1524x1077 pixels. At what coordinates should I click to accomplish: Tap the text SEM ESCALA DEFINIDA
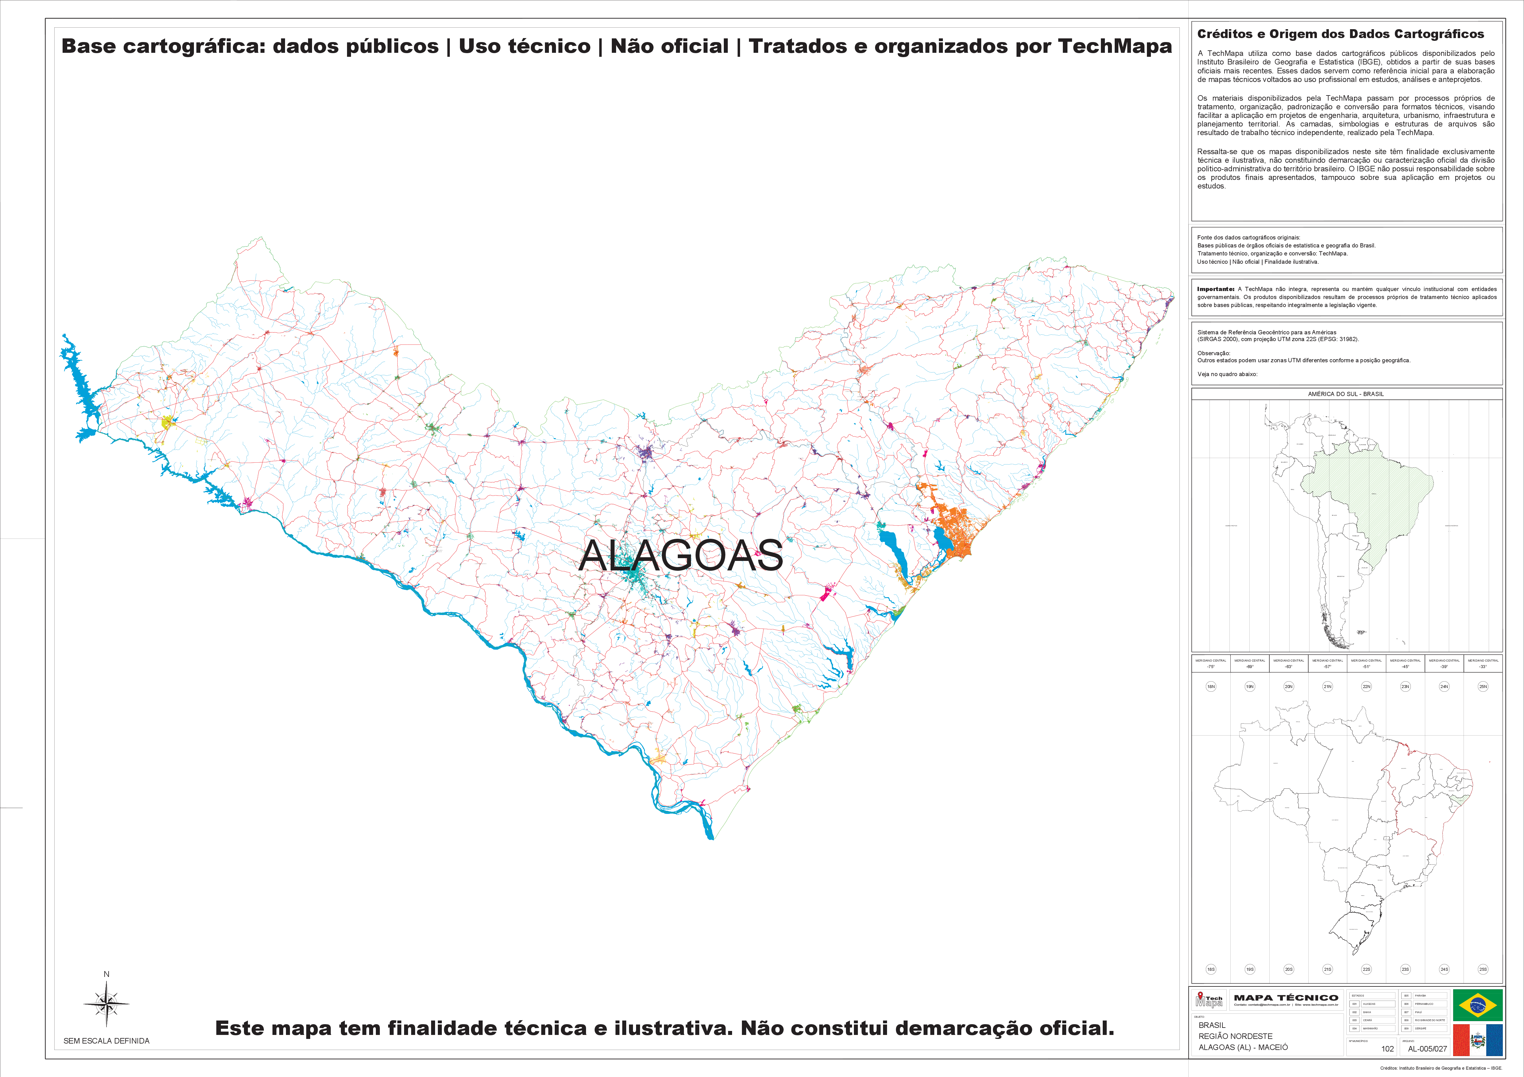click(106, 1040)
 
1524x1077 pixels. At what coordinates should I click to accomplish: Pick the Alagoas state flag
click(1478, 1040)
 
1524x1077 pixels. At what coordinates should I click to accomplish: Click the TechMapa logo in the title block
click(1209, 999)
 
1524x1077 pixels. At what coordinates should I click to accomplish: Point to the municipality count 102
click(1387, 1048)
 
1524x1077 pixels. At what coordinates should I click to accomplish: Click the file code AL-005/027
click(1427, 1048)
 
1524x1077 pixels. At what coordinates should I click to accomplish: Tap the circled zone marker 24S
click(1444, 970)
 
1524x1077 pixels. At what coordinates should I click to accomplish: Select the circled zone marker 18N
click(1211, 686)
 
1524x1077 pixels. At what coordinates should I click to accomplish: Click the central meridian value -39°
click(1444, 666)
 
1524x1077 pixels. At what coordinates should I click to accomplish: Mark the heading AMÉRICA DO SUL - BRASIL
click(1345, 394)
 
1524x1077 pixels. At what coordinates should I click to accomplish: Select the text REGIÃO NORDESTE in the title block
click(1235, 1036)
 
